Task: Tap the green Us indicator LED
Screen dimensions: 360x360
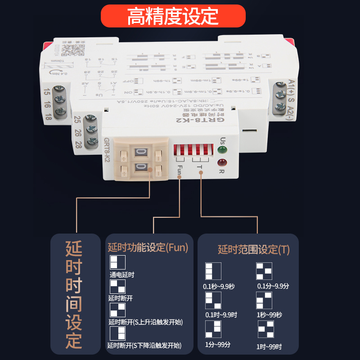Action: [221, 150]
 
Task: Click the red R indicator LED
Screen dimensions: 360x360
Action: [221, 162]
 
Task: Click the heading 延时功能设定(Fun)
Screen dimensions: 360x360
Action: [148, 247]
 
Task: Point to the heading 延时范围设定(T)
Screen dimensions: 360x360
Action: [254, 250]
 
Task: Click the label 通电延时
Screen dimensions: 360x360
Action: [122, 274]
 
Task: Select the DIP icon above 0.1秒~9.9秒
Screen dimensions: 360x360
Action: [213, 271]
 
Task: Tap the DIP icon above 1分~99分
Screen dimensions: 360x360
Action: [213, 329]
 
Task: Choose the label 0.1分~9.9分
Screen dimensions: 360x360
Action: [273, 286]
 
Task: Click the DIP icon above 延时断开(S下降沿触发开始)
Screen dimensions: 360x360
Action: [117, 333]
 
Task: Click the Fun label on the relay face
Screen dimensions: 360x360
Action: [180, 170]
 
